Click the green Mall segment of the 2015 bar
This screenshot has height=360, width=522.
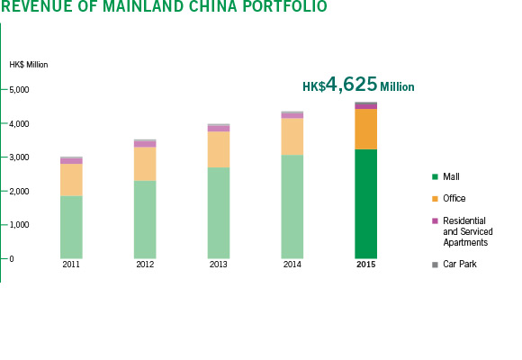[x=366, y=203]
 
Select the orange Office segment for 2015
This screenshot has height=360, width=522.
[x=366, y=129]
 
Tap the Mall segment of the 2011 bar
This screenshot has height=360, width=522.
[x=72, y=227]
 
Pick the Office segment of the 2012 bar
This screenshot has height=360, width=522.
[x=145, y=164]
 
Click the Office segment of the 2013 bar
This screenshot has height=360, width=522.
[x=219, y=149]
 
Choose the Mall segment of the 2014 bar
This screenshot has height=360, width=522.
[x=292, y=207]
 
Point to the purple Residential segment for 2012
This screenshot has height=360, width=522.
[x=145, y=144]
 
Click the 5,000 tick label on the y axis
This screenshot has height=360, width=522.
[x=19, y=90]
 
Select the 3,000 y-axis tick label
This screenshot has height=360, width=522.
[x=19, y=157]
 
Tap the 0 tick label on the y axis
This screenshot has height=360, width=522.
[x=12, y=259]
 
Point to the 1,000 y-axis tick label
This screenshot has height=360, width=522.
[x=19, y=225]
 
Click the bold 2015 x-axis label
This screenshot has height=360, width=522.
[x=366, y=265]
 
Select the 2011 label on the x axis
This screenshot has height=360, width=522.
[x=71, y=265]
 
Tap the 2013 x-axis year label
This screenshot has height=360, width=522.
[x=219, y=265]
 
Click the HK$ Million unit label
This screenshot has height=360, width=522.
[x=29, y=65]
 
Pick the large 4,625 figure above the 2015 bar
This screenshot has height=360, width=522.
[x=351, y=84]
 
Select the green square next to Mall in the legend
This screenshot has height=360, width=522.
[x=435, y=176]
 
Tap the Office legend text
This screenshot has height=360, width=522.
[x=454, y=199]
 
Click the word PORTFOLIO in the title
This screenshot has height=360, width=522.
[x=284, y=6]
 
